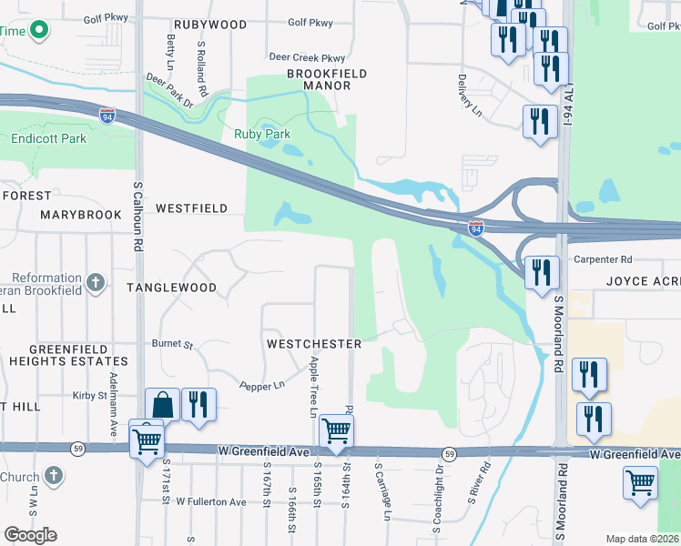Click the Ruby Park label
(x=262, y=134)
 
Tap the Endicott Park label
(x=48, y=139)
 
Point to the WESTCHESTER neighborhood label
(x=314, y=344)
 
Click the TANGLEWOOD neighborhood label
(x=171, y=288)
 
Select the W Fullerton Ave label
(x=211, y=501)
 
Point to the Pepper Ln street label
(x=262, y=386)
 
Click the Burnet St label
(x=172, y=345)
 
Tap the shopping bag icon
(x=162, y=404)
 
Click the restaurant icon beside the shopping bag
(x=198, y=404)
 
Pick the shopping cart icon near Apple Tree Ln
(x=336, y=430)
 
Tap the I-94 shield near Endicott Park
(x=107, y=113)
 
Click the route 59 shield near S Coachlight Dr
(x=449, y=453)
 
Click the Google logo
(x=30, y=535)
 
